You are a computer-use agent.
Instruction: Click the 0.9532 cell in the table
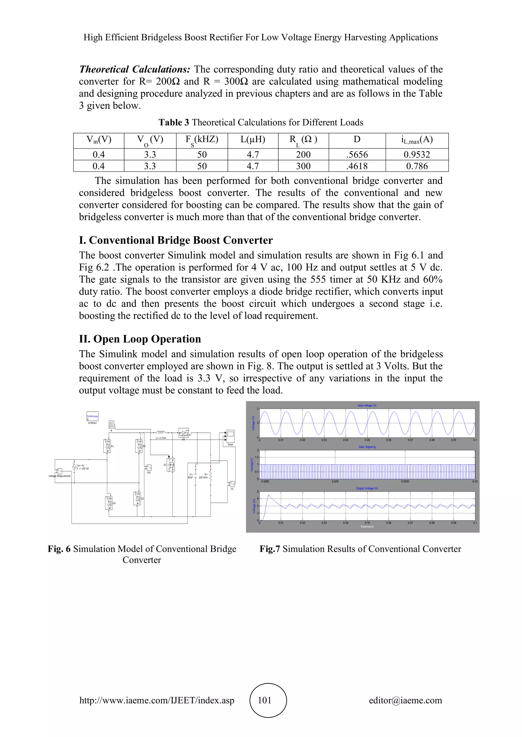point(416,154)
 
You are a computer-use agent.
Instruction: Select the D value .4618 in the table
point(357,166)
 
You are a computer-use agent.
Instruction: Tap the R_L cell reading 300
point(303,166)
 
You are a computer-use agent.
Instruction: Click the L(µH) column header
point(253,140)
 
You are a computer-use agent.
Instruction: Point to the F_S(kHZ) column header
point(202,140)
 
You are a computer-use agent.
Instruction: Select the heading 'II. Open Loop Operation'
point(140,339)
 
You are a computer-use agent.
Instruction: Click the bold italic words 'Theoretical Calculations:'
point(135,69)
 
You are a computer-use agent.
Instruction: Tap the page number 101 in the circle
point(265,700)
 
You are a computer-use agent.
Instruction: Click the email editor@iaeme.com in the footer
point(405,700)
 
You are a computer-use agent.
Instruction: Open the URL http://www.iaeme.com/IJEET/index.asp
point(157,700)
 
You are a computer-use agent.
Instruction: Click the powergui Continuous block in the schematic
point(92,416)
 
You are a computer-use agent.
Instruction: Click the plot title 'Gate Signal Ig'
point(367,447)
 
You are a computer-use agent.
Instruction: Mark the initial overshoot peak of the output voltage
point(269,496)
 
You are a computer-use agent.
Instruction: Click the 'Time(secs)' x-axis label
point(367,527)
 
